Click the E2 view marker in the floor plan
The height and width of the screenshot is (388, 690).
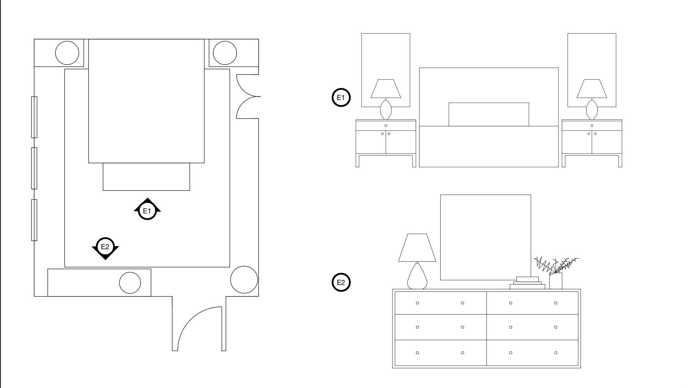click(105, 247)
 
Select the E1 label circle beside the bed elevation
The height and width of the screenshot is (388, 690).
click(341, 97)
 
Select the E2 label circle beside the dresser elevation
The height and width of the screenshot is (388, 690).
click(341, 283)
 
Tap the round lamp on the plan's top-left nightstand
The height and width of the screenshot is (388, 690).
click(67, 53)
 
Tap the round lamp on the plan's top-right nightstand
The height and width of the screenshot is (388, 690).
click(225, 53)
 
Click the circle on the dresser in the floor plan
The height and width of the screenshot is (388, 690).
click(130, 283)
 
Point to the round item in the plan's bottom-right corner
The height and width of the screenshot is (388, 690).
click(244, 280)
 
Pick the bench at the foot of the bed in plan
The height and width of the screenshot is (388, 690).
click(146, 177)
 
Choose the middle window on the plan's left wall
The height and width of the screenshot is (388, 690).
click(34, 168)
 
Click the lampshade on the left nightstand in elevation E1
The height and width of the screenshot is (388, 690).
click(386, 89)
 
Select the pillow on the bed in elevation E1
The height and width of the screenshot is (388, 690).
click(489, 114)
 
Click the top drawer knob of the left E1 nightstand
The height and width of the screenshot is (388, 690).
click(386, 125)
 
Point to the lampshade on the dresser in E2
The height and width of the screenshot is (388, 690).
click(417, 248)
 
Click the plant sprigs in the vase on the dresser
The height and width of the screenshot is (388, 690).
click(556, 264)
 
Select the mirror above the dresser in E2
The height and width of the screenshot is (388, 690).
click(485, 237)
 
